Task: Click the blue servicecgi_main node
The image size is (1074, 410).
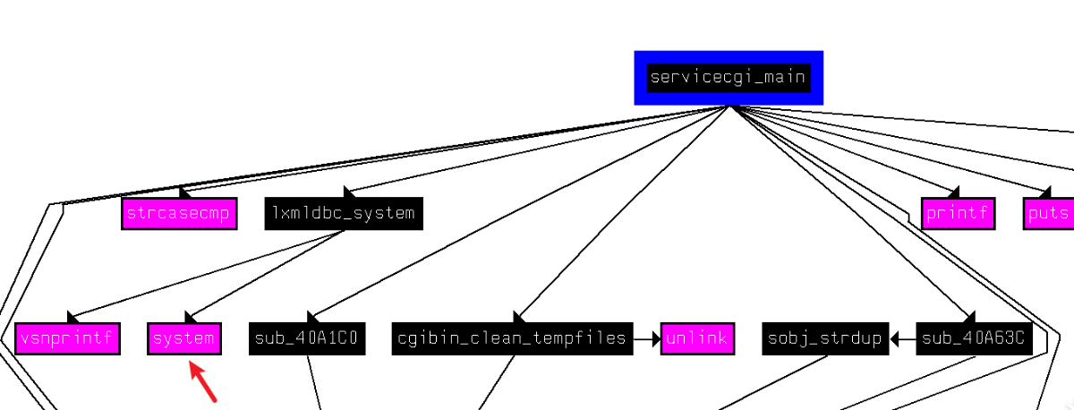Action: pyautogui.click(x=729, y=78)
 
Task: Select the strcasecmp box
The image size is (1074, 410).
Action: pyautogui.click(x=179, y=213)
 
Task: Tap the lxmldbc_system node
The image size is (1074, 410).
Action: pyautogui.click(x=344, y=213)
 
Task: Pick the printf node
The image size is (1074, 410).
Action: pyautogui.click(x=958, y=213)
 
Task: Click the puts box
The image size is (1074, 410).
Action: pyautogui.click(x=1048, y=213)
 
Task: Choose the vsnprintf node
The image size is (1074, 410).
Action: pyautogui.click(x=67, y=338)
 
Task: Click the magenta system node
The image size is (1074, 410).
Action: pyautogui.click(x=184, y=338)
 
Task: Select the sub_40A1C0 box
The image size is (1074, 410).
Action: pyautogui.click(x=307, y=338)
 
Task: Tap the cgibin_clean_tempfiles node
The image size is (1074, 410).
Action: pyautogui.click(x=512, y=338)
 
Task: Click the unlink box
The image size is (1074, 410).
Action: pyautogui.click(x=697, y=338)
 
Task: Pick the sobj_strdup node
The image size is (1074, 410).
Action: pyautogui.click(x=823, y=338)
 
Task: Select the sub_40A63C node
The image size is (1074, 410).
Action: pyautogui.click(x=971, y=338)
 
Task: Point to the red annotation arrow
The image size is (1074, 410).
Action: pyautogui.click(x=204, y=380)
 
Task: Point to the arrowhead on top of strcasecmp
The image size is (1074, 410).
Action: pyautogui.click(x=183, y=192)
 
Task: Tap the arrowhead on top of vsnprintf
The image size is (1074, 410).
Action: pyautogui.click(x=74, y=317)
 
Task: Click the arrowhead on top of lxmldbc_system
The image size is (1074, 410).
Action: pyautogui.click(x=349, y=192)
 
